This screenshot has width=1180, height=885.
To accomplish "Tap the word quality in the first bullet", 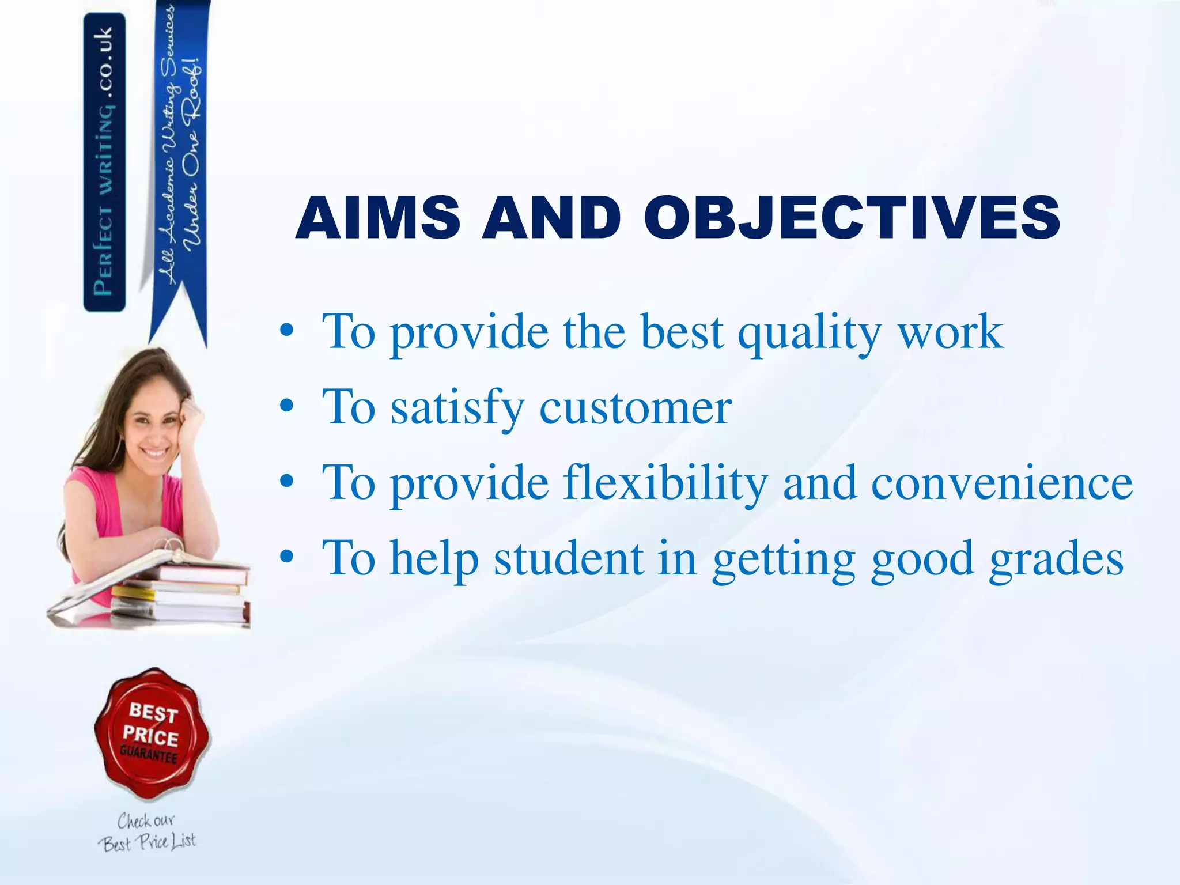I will click(809, 333).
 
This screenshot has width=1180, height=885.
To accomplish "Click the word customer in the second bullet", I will click(635, 408).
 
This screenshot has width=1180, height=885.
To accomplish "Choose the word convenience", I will click(1001, 484).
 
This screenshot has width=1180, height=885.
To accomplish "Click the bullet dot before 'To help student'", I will click(286, 558).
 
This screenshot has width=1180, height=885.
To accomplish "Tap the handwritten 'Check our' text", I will click(146, 820).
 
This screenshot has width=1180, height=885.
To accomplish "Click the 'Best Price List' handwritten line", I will click(147, 843).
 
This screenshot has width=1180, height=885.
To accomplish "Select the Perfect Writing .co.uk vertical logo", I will click(104, 161).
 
